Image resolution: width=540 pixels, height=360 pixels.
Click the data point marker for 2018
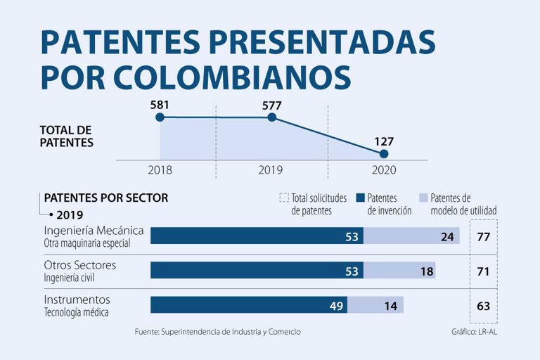pyautogui.click(x=160, y=117)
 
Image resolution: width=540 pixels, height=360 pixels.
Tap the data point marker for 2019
pyautogui.click(x=271, y=117)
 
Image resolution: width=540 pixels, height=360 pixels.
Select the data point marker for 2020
pyautogui.click(x=384, y=154)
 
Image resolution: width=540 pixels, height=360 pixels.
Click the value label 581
pyautogui.click(x=160, y=105)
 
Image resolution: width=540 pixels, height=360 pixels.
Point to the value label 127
pyautogui.click(x=384, y=141)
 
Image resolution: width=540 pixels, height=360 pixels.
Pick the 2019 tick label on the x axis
pyautogui.click(x=270, y=170)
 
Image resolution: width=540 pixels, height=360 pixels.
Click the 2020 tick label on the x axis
pyautogui.click(x=384, y=170)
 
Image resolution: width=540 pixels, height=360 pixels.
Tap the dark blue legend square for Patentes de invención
pyautogui.click(x=360, y=198)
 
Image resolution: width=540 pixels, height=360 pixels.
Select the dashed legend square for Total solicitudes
pyautogui.click(x=284, y=198)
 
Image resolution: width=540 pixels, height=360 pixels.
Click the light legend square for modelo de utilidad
pyautogui.click(x=423, y=198)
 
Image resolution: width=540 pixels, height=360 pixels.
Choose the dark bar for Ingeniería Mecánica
pyautogui.click(x=257, y=236)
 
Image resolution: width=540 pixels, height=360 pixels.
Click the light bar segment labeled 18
pyautogui.click(x=399, y=271)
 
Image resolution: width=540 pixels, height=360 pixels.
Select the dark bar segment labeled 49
pyautogui.click(x=249, y=305)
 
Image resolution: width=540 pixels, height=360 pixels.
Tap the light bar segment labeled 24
pyautogui.click(x=411, y=236)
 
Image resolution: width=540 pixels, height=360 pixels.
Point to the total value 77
pyautogui.click(x=484, y=237)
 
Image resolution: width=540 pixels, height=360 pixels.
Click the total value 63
pyautogui.click(x=484, y=306)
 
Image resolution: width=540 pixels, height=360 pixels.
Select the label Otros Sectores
pyautogui.click(x=80, y=265)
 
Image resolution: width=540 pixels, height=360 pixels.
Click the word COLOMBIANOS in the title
pyautogui.click(x=232, y=77)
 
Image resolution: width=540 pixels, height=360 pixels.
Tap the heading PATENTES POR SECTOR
pyautogui.click(x=106, y=198)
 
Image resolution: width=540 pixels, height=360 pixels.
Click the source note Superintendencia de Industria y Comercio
pyautogui.click(x=231, y=332)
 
